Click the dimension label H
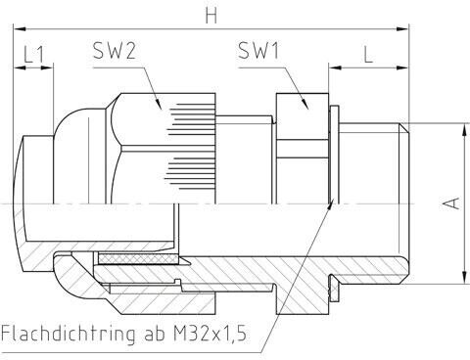[x=211, y=16]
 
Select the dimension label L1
[x=33, y=55]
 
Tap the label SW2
[x=114, y=51]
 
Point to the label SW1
[x=258, y=51]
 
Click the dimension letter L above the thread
[x=368, y=55]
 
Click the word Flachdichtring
[x=68, y=334]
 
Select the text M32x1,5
[x=210, y=333]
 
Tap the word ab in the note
[x=154, y=333]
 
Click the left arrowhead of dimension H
[x=20, y=29]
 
